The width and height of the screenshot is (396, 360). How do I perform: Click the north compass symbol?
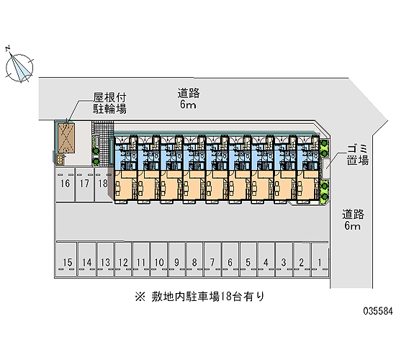[x=19, y=68]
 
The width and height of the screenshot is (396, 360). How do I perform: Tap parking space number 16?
[x=66, y=185]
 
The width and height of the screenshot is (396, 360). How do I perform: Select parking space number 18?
[x=103, y=185]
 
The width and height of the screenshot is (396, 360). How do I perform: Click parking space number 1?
[x=320, y=259]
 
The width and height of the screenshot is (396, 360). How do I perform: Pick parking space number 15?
[x=66, y=259]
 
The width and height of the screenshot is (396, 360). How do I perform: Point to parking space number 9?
[x=177, y=259]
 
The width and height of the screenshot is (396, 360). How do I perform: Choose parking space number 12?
[x=123, y=259]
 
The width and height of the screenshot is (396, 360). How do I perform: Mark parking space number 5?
[x=248, y=259]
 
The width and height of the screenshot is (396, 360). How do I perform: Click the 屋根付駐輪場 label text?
[x=109, y=104]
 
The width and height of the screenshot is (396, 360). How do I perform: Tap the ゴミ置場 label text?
[x=358, y=155]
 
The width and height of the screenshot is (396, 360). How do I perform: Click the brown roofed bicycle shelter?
[x=66, y=138]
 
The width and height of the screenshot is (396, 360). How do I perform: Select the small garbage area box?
[x=325, y=168]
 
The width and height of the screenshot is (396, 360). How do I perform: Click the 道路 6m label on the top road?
[x=188, y=99]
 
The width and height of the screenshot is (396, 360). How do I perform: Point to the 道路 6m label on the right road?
[x=353, y=220]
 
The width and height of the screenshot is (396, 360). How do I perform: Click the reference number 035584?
[x=378, y=311]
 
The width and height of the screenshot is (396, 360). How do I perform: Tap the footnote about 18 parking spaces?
[x=199, y=297]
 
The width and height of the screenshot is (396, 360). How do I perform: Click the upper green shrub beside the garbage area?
[x=324, y=149]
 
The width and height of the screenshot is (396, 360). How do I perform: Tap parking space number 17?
[x=85, y=185]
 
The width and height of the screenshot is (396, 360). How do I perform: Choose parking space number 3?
[x=284, y=259]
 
